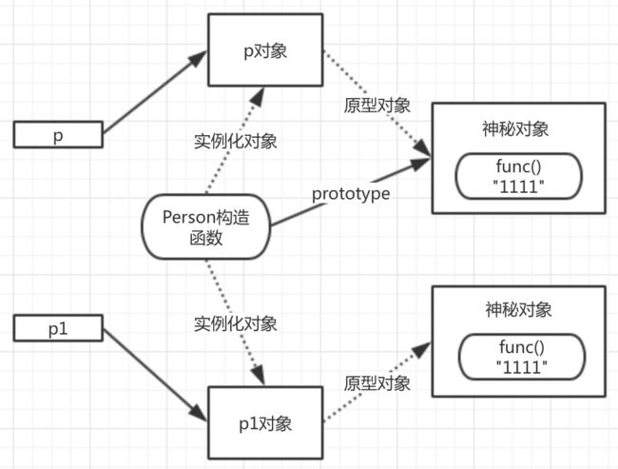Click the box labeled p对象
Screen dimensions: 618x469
coord(265,49)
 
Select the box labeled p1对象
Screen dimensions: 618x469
coord(265,422)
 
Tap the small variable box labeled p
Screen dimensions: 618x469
coord(58,135)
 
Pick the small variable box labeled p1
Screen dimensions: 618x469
coord(58,328)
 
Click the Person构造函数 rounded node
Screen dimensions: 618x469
coord(205,226)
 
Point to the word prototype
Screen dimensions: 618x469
coord(351,194)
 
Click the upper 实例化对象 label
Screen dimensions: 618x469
coord(235,141)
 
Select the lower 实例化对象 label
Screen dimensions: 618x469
coord(235,323)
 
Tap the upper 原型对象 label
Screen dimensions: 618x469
coord(377,106)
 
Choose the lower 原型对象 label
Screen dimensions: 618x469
coord(377,383)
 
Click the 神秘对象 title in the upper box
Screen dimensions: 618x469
coord(515,129)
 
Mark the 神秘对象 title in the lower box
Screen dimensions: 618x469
coord(518,309)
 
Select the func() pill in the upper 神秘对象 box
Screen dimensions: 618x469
coord(519,176)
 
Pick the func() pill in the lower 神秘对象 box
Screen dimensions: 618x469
coord(522,357)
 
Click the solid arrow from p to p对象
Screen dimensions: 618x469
coord(154,92)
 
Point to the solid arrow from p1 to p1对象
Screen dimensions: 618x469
coord(154,375)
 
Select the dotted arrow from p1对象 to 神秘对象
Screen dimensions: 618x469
coord(377,381)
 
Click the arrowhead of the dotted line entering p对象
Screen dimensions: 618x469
coord(258,96)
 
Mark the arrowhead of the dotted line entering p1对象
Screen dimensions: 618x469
coord(259,375)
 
